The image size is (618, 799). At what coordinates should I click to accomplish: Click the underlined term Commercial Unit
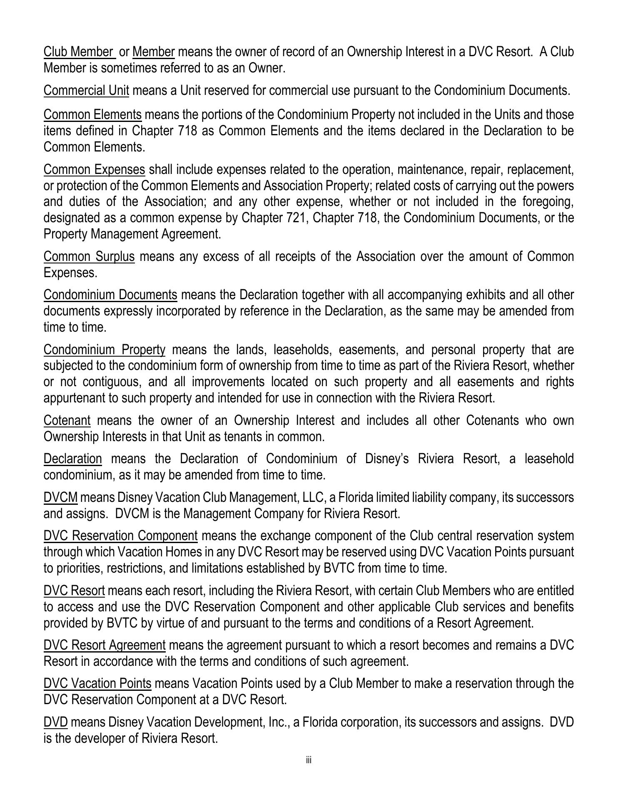click(x=86, y=90)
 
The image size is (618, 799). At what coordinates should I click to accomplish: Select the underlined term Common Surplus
click(x=89, y=256)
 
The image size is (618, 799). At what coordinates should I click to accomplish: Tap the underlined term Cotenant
click(x=67, y=420)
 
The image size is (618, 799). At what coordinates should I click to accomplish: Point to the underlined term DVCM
click(x=60, y=497)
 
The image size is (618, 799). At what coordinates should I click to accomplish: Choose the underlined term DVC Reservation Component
click(x=120, y=536)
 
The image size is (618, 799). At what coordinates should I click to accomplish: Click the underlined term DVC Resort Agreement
click(x=105, y=645)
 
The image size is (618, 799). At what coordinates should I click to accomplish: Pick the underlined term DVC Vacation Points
click(x=97, y=684)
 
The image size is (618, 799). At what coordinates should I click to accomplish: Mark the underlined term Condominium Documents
click(x=110, y=295)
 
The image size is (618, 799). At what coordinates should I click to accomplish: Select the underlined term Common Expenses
click(x=94, y=170)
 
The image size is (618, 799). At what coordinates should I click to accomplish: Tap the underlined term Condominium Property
click(x=105, y=350)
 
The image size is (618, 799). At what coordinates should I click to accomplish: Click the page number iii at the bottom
click(x=309, y=760)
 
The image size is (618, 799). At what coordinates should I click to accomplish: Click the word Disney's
click(x=387, y=459)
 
